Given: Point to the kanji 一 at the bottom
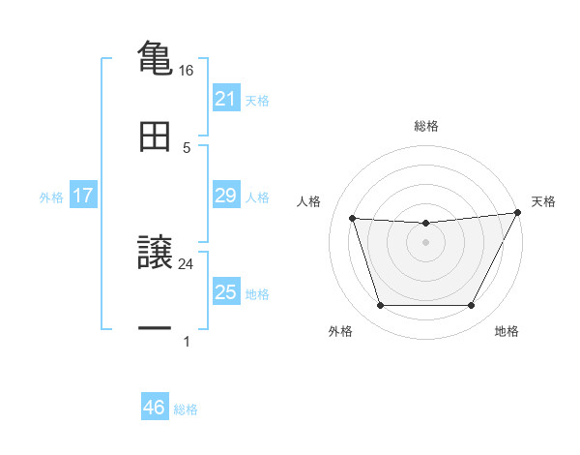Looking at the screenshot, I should (155, 330).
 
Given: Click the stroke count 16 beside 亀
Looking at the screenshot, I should (186, 71).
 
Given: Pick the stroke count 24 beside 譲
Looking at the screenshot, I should (186, 263).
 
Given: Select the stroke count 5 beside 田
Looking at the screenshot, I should (187, 148).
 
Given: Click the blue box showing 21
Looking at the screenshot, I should (225, 99).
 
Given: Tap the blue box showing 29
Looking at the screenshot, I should (225, 196).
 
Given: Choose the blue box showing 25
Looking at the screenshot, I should (225, 292).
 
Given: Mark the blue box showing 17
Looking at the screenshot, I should (83, 196).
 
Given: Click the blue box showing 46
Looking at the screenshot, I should (154, 408).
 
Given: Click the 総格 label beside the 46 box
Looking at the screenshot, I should (186, 409).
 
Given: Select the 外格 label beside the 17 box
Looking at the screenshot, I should (51, 197).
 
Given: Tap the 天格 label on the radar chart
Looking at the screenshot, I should (543, 201).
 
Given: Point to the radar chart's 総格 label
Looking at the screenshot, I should (425, 126).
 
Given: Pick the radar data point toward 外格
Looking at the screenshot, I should (380, 306).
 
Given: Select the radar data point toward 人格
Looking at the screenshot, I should (353, 219).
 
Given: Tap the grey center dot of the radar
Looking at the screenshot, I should (425, 242).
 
